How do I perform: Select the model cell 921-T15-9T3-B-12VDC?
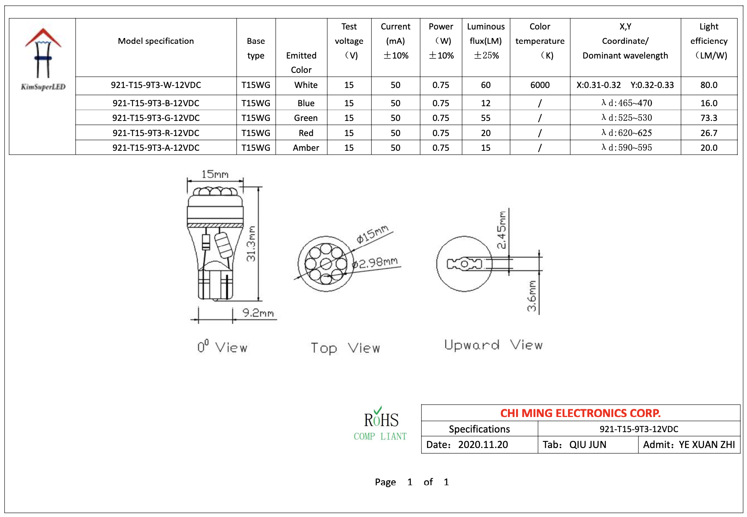pos(156,103)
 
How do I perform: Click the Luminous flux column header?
pos(485,41)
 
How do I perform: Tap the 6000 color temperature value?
pos(540,85)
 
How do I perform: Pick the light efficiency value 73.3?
pos(709,118)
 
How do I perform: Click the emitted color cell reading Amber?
pos(306,148)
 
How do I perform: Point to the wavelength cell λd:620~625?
pos(627,133)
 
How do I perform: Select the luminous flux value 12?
pos(485,103)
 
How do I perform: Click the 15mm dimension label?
pos(215,174)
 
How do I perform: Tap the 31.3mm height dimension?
pos(251,243)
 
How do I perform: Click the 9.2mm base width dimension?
pos(258,313)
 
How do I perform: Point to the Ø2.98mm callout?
pos(375,263)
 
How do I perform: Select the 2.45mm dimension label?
pos(501,230)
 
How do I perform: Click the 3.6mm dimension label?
pos(532,296)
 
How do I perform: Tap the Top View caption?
pos(345,348)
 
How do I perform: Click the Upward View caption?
pos(493,345)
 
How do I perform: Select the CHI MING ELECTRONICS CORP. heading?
pos(580,413)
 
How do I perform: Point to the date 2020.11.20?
pos(483,445)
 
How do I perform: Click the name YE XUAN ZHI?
pos(706,445)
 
